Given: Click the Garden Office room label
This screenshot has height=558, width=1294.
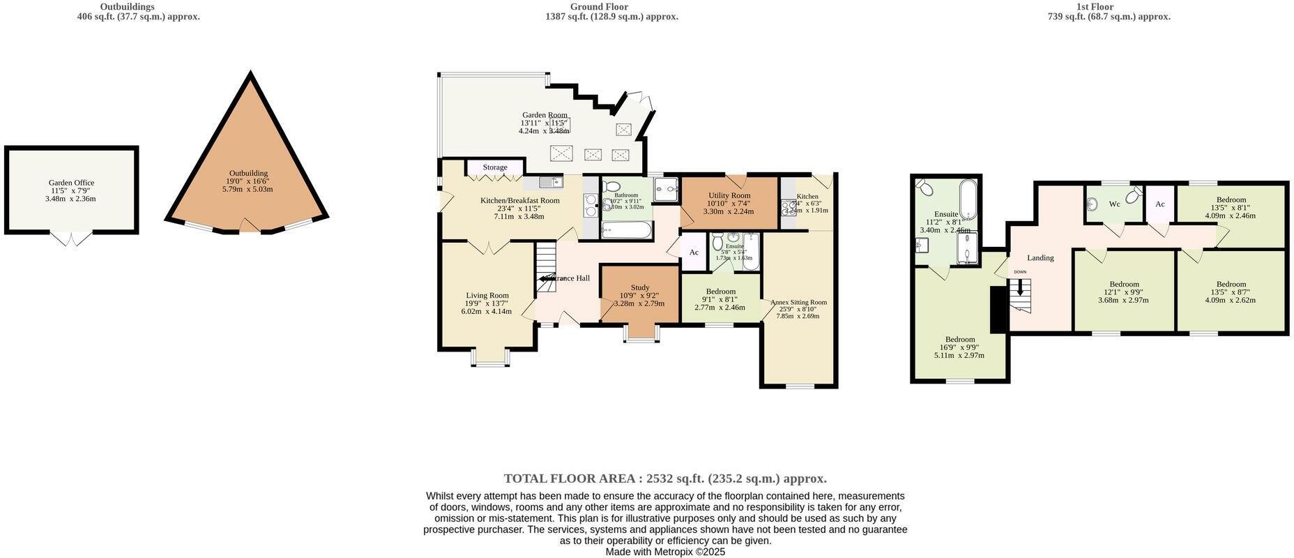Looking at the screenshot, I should tap(71, 183).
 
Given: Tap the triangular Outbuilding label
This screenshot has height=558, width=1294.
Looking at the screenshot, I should tap(248, 174).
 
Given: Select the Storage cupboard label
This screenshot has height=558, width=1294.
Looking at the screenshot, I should tap(495, 167).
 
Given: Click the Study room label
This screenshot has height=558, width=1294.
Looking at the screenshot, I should tap(640, 287).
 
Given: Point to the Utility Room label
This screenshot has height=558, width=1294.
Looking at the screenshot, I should tap(729, 195).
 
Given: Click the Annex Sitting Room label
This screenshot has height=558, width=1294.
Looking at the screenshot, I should tap(798, 302).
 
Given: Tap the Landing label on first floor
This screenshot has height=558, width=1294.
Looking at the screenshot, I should tap(1040, 257).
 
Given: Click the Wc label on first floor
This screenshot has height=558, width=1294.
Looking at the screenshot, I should tap(1114, 204).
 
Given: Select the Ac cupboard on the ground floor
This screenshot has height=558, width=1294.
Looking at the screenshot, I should tap(694, 252).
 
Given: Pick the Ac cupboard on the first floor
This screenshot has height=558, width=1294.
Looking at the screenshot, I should tap(1160, 204).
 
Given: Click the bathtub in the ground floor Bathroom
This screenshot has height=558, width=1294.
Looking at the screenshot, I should tap(626, 230).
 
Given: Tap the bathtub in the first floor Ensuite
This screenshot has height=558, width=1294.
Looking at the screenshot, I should tap(968, 199).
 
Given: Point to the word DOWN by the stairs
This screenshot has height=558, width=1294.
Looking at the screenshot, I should tap(1020, 272).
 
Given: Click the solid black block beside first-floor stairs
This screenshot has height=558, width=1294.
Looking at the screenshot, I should tap(998, 309).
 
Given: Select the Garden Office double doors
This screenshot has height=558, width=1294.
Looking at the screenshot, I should tap(72, 239).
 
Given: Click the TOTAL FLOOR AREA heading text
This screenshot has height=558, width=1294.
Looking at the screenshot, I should tap(665, 478).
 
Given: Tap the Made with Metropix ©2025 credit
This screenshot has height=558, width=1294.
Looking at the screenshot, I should tap(665, 552).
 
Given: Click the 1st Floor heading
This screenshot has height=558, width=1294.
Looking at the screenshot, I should tap(1095, 7).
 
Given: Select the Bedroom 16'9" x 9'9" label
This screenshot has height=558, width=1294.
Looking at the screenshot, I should tap(960, 340).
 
